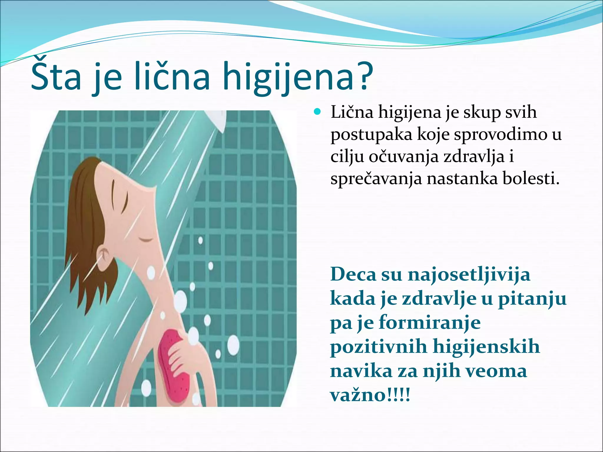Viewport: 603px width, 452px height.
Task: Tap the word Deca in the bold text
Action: (353, 274)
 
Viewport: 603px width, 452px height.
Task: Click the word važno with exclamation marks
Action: (370, 395)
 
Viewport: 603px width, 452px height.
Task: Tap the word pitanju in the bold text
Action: (532, 299)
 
